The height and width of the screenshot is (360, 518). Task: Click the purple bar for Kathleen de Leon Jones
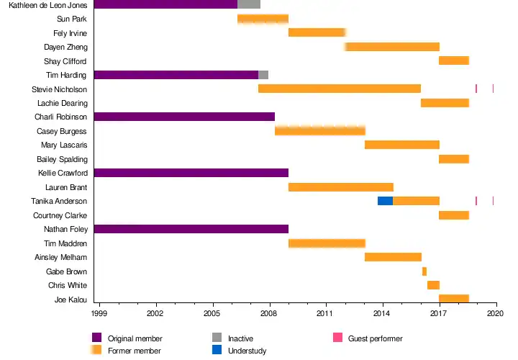click(x=165, y=4)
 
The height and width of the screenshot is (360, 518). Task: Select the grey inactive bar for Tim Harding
click(x=263, y=75)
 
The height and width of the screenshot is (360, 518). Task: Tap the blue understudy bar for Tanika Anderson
click(x=385, y=201)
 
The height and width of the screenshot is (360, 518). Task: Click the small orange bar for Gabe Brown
click(x=424, y=271)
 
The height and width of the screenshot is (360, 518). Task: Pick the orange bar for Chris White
click(x=433, y=285)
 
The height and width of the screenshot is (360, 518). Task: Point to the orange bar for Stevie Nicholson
click(x=340, y=89)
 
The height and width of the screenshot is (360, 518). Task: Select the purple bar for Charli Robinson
click(x=184, y=117)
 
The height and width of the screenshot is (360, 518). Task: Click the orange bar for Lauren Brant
click(x=341, y=187)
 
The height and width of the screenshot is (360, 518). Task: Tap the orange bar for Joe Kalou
click(x=454, y=299)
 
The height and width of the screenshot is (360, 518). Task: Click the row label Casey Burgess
click(x=62, y=131)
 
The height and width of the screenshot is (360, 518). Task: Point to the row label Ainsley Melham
click(x=61, y=258)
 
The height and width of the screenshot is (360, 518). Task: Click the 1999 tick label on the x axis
click(x=99, y=314)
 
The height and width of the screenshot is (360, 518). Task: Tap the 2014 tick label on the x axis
click(x=382, y=314)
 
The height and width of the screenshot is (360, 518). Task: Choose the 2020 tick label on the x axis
click(x=495, y=314)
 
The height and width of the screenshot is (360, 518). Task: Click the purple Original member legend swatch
click(x=97, y=338)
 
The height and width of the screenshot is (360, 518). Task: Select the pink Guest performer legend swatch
click(x=337, y=338)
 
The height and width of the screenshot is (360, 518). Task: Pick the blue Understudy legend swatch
click(x=217, y=351)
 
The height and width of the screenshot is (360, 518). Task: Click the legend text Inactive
click(x=240, y=338)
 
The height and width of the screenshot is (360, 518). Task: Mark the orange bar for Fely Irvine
click(x=317, y=32)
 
